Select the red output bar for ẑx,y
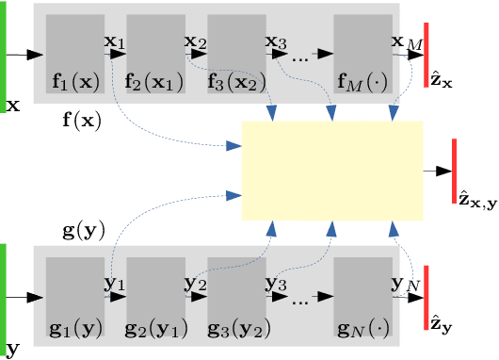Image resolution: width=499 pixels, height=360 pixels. coord(454,170)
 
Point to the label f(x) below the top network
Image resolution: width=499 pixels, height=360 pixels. coord(82,121)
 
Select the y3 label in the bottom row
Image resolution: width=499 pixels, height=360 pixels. coord(276,284)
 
